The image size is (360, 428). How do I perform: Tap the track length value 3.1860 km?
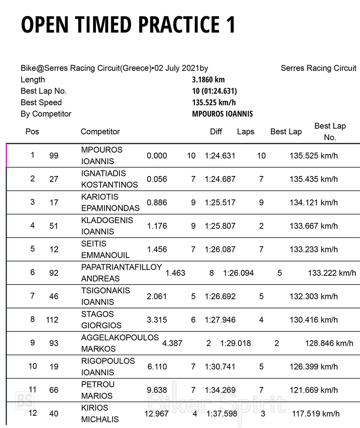coord(208,80)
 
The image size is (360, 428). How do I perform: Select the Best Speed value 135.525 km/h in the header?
coord(214,103)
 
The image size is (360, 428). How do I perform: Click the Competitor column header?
coord(100,132)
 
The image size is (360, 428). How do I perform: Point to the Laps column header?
coord(246,132)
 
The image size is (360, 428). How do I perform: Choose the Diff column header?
coord(216,132)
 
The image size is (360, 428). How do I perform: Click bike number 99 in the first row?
coord(54,156)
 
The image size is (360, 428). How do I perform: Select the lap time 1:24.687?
coord(220,179)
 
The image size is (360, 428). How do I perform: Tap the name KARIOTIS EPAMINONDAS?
coord(110,203)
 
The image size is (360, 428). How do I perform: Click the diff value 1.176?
coord(157,226)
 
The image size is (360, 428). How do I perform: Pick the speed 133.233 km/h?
coord(314,249)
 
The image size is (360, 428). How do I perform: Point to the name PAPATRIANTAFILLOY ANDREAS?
coord(121,273)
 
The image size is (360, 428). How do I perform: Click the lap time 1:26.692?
coord(220,297)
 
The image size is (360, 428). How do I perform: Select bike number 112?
coord(52,320)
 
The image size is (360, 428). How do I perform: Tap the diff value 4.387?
coord(172,343)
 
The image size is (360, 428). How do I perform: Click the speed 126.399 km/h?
coord(314,367)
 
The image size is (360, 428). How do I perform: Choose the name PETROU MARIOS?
coord(98,390)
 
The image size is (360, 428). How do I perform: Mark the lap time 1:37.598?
coord(222,414)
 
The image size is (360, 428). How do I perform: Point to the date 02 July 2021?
coord(177,68)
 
